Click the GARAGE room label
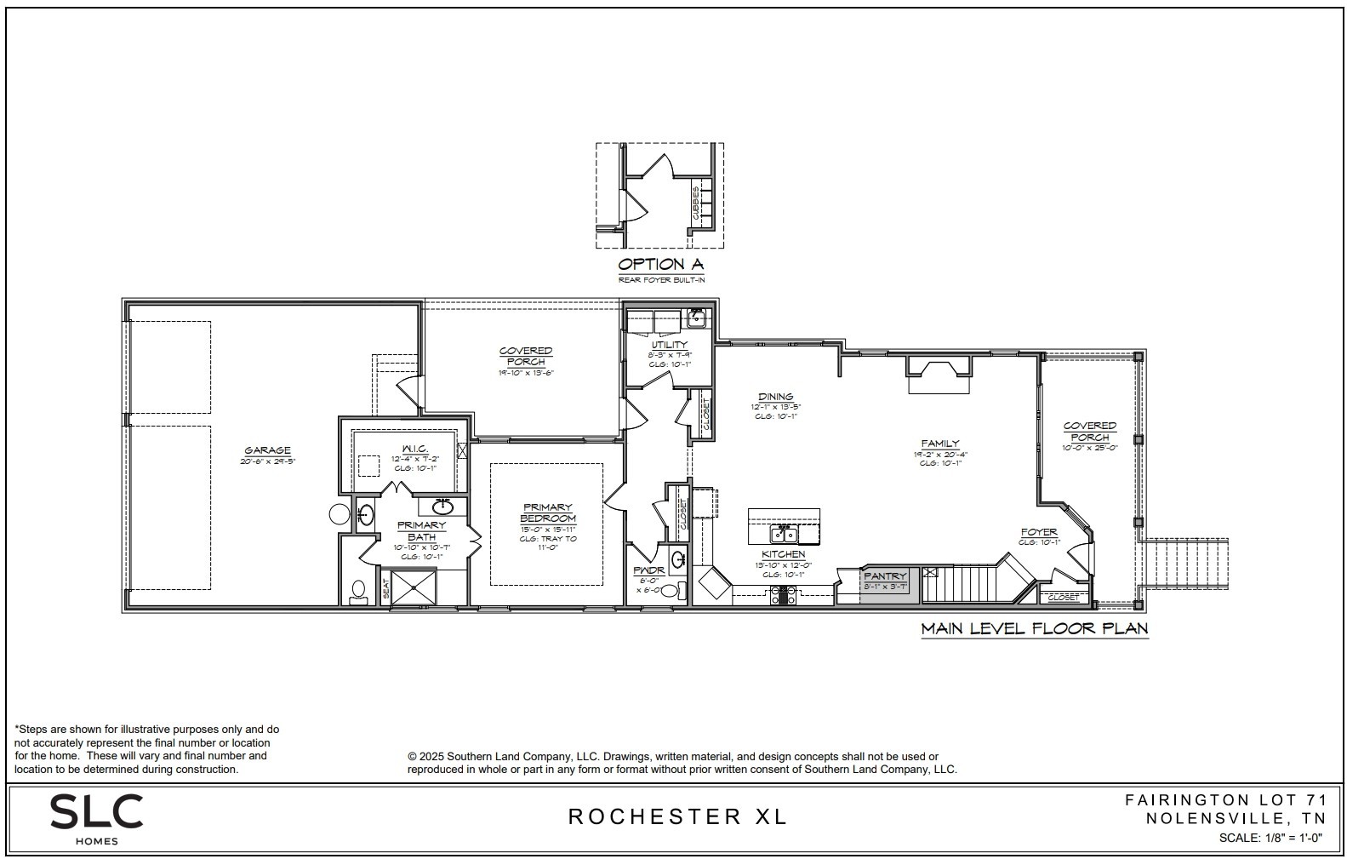(x=267, y=450)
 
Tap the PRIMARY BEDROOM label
(x=548, y=513)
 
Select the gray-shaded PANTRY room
(x=888, y=586)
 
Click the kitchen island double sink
(x=783, y=534)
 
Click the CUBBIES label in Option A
(x=696, y=204)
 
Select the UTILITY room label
(x=670, y=345)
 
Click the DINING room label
(x=775, y=397)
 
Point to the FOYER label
(x=1039, y=532)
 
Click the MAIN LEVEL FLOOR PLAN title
(x=1034, y=629)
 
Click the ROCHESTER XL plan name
(x=677, y=816)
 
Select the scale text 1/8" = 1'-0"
(x=1270, y=838)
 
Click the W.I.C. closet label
(x=414, y=449)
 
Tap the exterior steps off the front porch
(x=1188, y=564)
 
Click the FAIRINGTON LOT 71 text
(x=1225, y=799)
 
